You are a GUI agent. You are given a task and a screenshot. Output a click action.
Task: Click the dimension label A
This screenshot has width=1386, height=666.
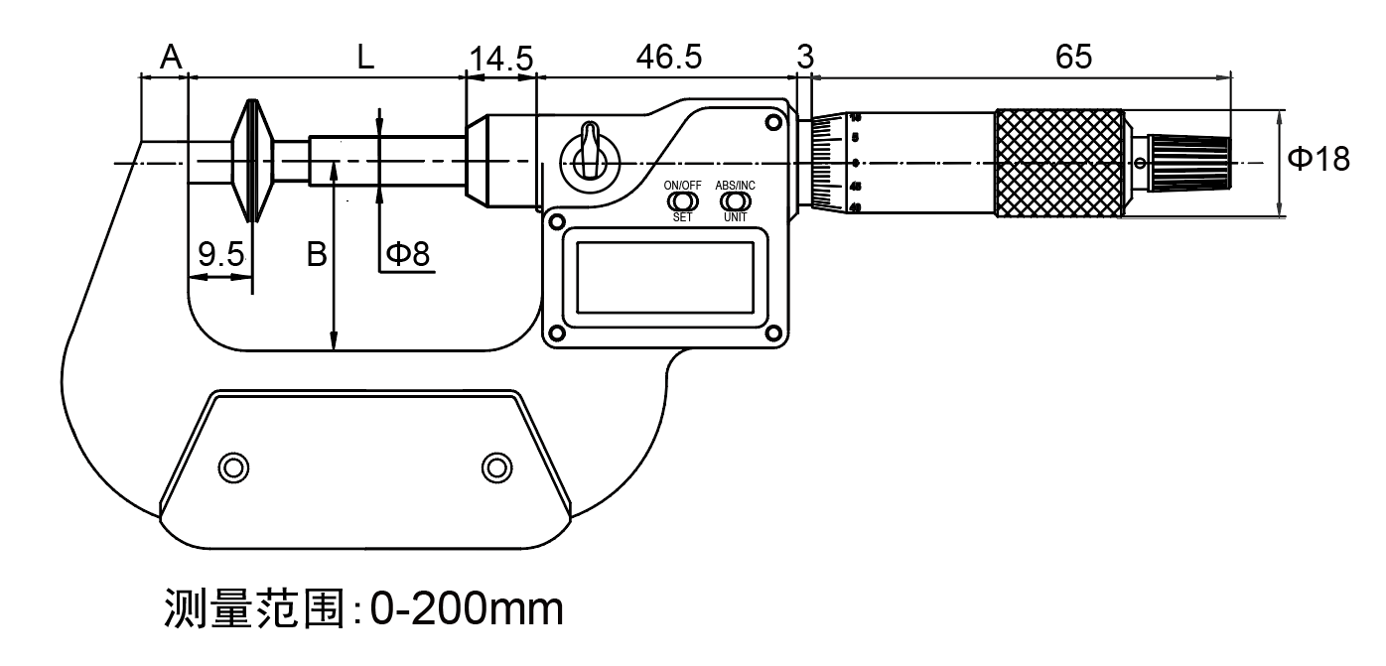pos(171,58)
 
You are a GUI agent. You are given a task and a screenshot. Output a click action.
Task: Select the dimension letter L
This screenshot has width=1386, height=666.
pos(365,58)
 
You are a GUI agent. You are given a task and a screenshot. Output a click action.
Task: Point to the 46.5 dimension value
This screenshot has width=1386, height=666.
pos(667,58)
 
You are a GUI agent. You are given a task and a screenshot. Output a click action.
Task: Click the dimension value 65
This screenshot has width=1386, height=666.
pos(1073,58)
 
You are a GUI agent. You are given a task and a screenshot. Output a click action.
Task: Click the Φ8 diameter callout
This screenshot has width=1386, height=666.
pos(407,255)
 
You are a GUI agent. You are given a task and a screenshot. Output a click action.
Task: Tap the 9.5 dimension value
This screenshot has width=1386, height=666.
pos(220,256)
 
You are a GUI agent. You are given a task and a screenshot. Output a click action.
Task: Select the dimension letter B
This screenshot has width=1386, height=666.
pos(316,256)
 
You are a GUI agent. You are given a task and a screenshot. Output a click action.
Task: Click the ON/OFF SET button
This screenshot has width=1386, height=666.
pos(683,201)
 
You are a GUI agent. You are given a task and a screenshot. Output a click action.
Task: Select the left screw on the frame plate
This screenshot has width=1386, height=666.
pos(232,466)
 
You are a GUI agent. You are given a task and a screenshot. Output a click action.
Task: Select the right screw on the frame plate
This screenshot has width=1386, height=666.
pos(494,466)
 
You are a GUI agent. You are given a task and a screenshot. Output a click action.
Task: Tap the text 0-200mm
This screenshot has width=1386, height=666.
pos(467,608)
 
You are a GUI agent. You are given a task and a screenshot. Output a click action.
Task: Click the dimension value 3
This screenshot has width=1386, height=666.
pos(804,58)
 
